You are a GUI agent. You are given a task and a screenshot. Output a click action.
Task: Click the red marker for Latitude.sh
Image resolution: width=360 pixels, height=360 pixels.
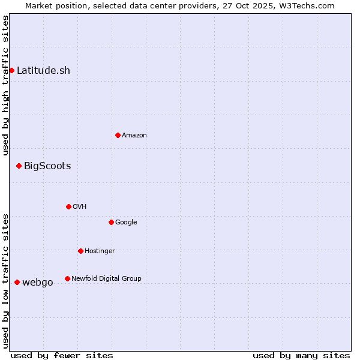point(11,71)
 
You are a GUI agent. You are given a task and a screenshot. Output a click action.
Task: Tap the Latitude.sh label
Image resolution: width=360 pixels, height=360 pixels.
point(43,71)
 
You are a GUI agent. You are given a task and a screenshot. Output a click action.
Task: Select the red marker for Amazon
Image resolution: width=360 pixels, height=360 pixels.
point(118,136)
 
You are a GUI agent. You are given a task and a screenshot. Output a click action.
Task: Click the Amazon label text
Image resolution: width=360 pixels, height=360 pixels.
point(134,136)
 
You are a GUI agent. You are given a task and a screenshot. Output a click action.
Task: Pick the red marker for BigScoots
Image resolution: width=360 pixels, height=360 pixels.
point(19,166)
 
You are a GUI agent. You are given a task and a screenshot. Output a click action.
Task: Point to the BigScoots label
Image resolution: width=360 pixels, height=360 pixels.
point(47,166)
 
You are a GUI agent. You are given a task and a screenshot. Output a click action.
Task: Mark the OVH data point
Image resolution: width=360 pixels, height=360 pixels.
point(68,207)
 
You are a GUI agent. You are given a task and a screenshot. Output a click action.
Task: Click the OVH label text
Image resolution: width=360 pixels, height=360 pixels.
point(80,207)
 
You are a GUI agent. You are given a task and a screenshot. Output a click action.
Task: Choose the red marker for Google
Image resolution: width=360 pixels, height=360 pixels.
point(111,223)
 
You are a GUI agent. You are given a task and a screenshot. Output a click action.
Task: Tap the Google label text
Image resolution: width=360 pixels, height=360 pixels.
point(126,223)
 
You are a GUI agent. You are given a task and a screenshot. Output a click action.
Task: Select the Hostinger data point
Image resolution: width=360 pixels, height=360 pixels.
point(80,251)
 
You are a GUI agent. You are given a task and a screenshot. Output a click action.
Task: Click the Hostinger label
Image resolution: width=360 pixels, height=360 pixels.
point(100,251)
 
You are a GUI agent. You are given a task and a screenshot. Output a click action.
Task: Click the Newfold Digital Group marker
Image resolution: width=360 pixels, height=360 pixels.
point(67,279)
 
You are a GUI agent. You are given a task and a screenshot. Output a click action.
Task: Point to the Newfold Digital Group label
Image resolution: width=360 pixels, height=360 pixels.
point(106,279)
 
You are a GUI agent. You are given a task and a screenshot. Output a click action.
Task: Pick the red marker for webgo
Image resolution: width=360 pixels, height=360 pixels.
point(17,283)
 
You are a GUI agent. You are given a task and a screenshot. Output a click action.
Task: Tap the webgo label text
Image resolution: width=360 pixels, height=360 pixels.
point(38,283)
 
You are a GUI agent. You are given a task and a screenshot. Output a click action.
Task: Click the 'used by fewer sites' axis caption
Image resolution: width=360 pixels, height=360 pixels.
point(62,356)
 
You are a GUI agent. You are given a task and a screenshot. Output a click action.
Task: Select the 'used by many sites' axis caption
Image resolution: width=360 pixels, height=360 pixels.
point(301,356)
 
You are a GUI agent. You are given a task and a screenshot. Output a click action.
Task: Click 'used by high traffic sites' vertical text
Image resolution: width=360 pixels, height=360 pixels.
point(5,85)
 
